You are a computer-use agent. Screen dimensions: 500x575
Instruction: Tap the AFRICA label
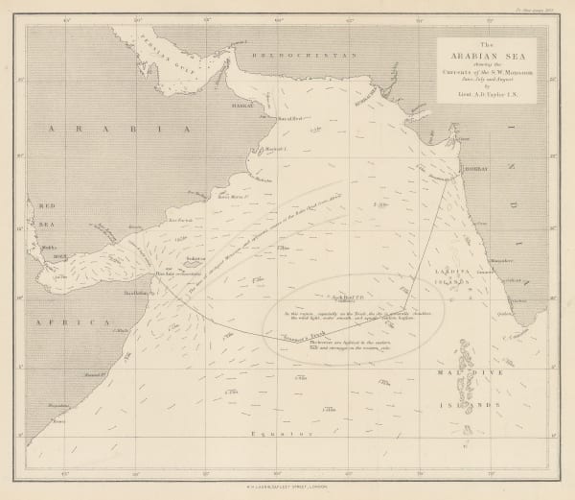tap(71, 325)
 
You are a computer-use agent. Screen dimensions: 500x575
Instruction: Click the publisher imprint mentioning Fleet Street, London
tap(287, 488)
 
